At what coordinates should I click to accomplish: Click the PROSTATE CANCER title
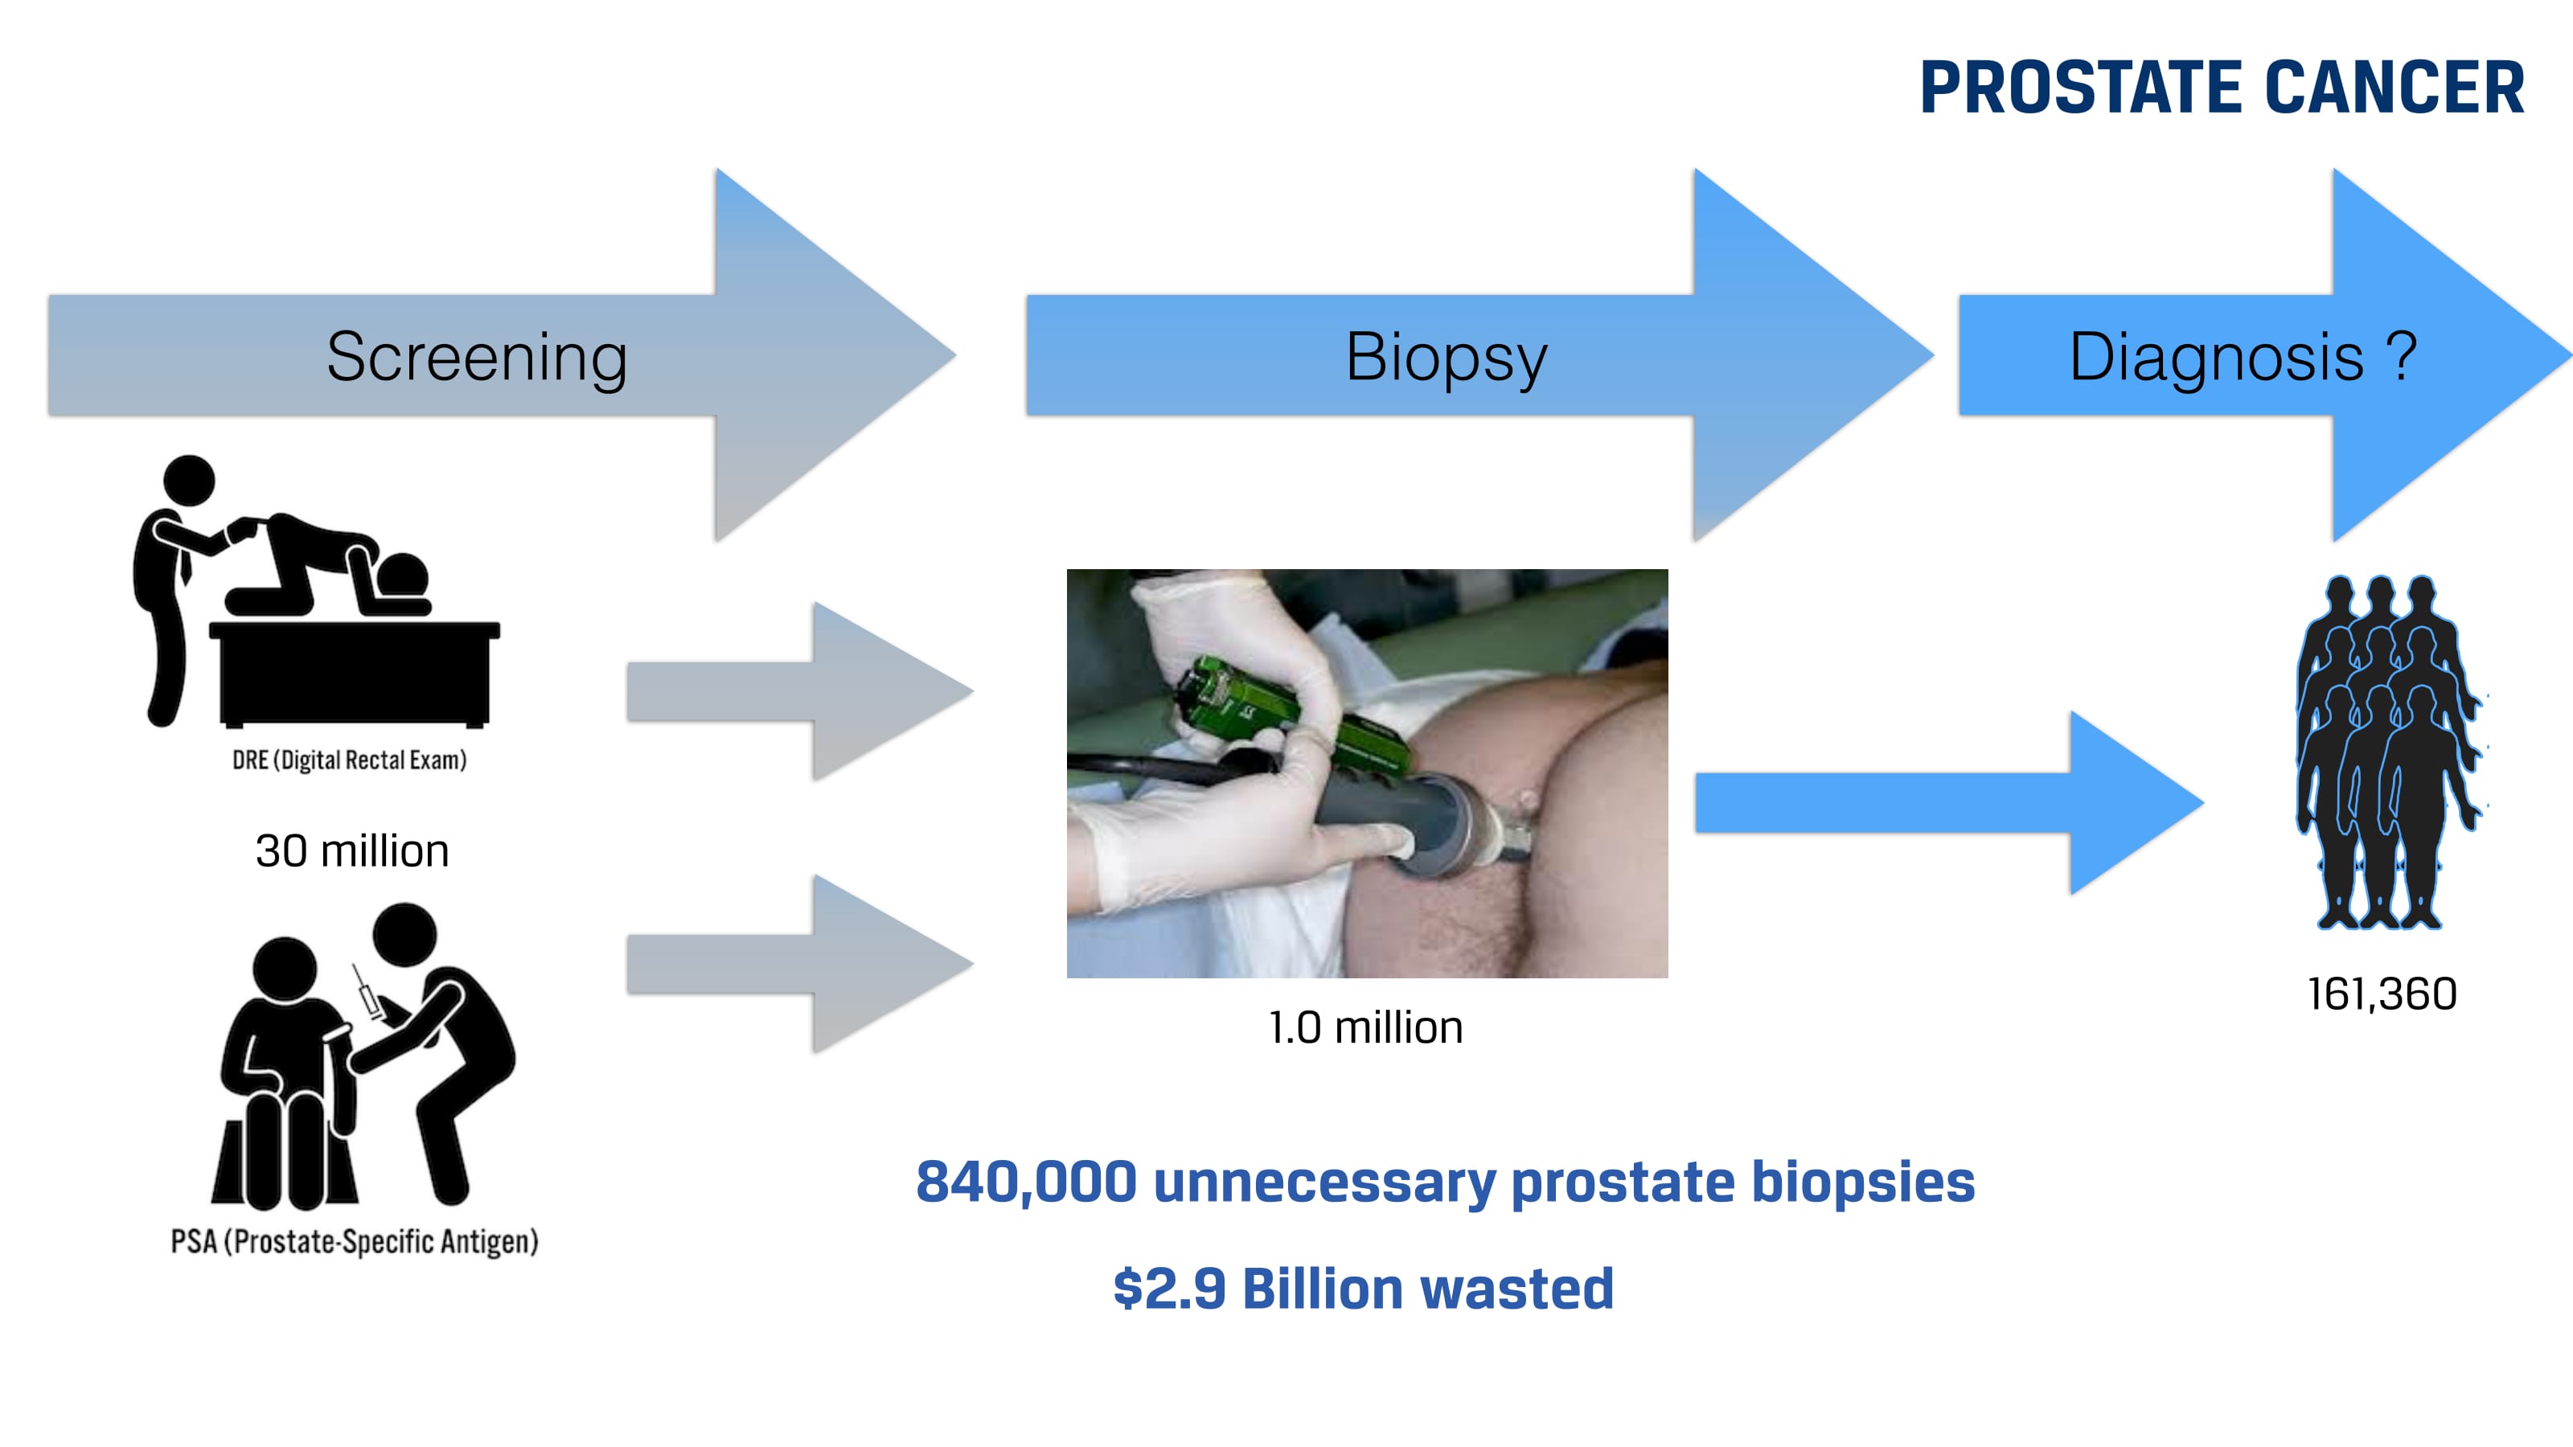[2222, 88]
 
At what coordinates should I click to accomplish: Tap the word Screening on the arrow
[477, 358]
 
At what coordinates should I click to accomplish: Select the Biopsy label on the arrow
[1447, 358]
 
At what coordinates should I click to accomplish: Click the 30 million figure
[351, 851]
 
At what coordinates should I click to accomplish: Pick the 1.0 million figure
[1365, 1027]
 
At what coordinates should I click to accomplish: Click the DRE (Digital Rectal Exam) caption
[350, 760]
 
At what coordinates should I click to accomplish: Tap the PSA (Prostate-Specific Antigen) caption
[355, 1241]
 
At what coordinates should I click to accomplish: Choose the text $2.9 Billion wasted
[1364, 1288]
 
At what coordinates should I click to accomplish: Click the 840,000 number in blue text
[1026, 1183]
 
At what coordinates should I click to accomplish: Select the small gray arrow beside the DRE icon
[799, 691]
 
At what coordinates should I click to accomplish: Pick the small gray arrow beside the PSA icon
[799, 964]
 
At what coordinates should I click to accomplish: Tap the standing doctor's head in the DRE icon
[189, 481]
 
